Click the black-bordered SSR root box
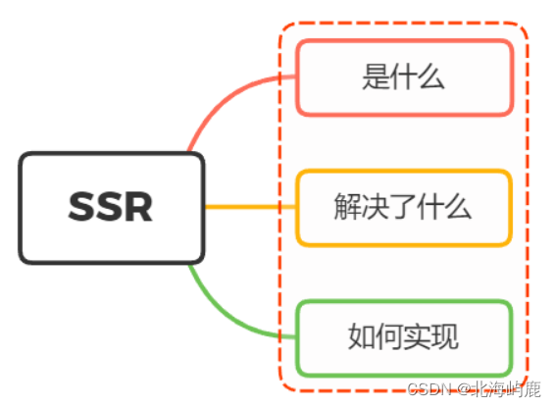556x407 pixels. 112,207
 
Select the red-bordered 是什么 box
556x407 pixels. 404,77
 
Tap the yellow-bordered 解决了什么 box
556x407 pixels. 404,207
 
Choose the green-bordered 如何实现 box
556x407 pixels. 404,337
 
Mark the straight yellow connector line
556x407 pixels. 250,207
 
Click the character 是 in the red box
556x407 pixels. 376,77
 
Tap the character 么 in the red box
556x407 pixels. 432,77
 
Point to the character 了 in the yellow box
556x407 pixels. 404,207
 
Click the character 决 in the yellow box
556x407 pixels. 376,207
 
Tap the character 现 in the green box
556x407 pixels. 446,337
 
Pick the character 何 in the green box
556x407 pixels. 389,337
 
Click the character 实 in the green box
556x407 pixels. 418,337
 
